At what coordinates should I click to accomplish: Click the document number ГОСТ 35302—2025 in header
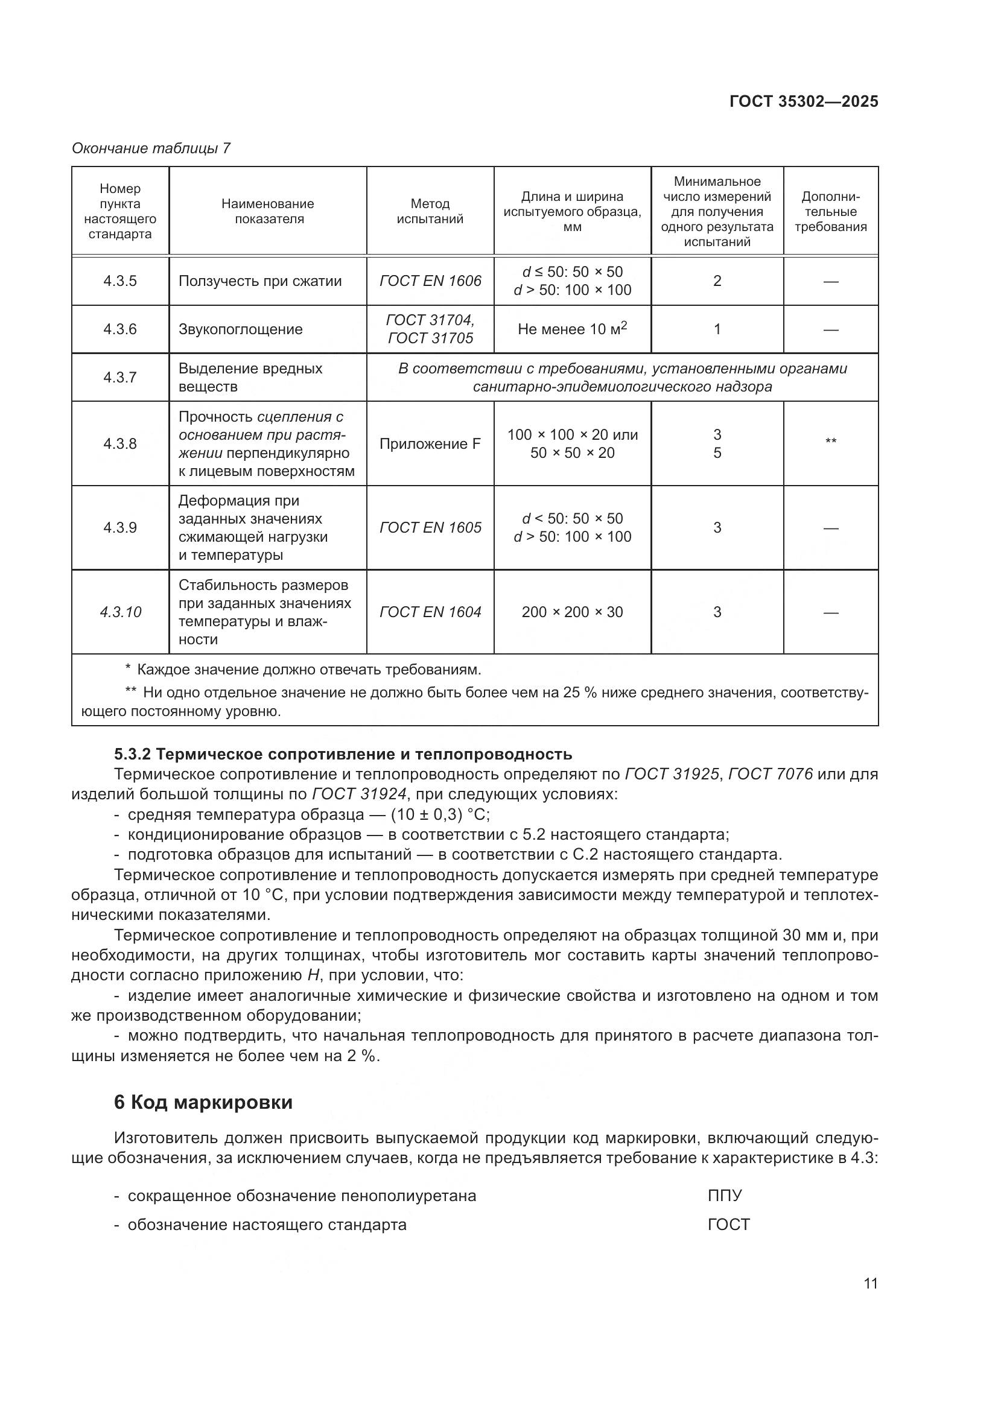(803, 101)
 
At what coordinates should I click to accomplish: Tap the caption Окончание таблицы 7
(151, 148)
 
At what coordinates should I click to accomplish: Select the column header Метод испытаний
(430, 211)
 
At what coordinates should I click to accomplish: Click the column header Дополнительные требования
(830, 211)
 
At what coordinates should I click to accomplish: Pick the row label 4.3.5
(120, 281)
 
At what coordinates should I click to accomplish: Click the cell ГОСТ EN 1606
(430, 281)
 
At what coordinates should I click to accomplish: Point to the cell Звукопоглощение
(240, 329)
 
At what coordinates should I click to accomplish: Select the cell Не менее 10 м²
(571, 329)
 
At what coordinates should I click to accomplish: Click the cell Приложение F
(430, 444)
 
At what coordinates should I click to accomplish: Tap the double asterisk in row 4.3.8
(830, 442)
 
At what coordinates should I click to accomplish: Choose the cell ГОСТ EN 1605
(430, 527)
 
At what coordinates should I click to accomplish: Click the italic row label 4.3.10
(121, 612)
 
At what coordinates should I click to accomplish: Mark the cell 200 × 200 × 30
(571, 612)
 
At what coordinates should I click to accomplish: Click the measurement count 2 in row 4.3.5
(717, 281)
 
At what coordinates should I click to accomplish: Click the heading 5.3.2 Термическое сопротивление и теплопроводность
(343, 754)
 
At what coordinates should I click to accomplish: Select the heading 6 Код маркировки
(203, 1102)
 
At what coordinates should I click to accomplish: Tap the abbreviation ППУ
(725, 1195)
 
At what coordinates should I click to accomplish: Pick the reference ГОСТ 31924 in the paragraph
(359, 794)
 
